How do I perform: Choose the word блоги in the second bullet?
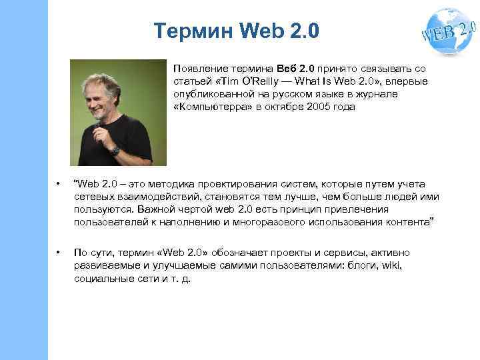coord(363,266)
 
